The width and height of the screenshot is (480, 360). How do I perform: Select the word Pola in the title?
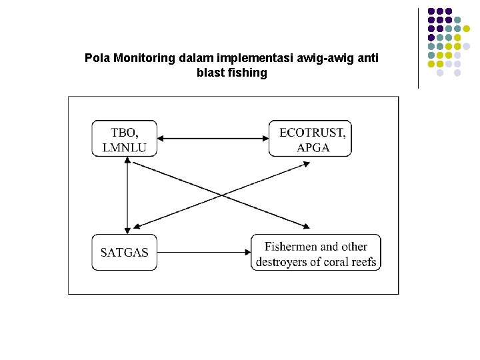97,58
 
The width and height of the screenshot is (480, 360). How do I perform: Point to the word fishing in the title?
247,73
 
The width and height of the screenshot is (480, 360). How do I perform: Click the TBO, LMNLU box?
125,139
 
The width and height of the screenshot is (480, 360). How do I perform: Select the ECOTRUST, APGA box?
310,139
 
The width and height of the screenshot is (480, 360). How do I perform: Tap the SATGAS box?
125,252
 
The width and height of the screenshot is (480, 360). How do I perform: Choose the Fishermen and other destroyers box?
316,252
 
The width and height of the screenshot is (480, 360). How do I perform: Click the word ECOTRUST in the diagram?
313,132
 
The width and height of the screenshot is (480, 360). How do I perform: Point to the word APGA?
313,147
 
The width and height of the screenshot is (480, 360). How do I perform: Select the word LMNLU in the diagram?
125,147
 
